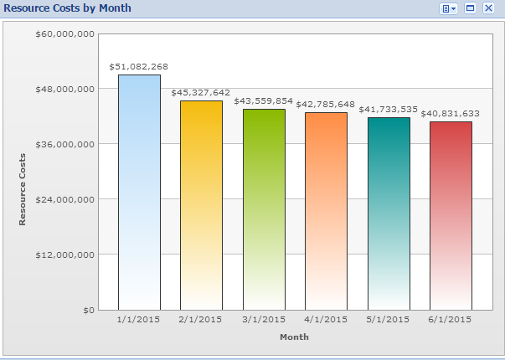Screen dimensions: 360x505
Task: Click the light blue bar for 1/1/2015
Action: (139, 193)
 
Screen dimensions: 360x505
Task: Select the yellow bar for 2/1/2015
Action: (201, 205)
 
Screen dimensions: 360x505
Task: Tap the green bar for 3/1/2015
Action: (264, 209)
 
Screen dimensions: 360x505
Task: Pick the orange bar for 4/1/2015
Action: (326, 211)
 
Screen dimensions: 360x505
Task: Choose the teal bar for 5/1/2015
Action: (389, 213)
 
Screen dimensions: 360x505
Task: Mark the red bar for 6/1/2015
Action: (451, 216)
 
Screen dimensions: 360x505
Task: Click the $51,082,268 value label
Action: (139, 65)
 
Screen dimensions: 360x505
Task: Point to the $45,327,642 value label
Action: (201, 92)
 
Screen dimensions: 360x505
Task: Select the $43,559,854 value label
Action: (264, 100)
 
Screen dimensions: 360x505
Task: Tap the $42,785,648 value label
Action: (326, 104)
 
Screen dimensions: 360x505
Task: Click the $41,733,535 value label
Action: (389, 109)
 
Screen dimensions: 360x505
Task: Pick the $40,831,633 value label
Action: (451, 113)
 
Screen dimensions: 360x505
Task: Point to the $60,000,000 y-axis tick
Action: (64, 33)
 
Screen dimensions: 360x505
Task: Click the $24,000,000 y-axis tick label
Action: (64, 199)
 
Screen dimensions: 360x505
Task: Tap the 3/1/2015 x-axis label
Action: (264, 319)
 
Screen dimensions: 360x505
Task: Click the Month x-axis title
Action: (294, 337)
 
